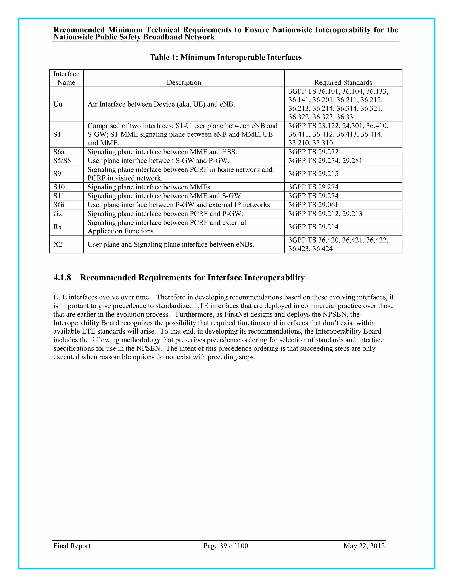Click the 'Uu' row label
(x=58, y=104)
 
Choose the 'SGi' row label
(x=59, y=205)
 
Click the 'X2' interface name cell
(x=58, y=244)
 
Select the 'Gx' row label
(x=58, y=214)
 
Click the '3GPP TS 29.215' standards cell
(x=313, y=174)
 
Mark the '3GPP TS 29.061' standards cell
(x=313, y=205)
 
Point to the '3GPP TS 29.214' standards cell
(x=313, y=227)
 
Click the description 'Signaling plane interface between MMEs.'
(x=150, y=187)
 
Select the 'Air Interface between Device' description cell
(x=161, y=104)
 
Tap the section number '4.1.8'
(x=62, y=278)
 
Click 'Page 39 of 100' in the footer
(x=225, y=546)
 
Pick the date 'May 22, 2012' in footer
(x=364, y=546)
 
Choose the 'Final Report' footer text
(x=72, y=546)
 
